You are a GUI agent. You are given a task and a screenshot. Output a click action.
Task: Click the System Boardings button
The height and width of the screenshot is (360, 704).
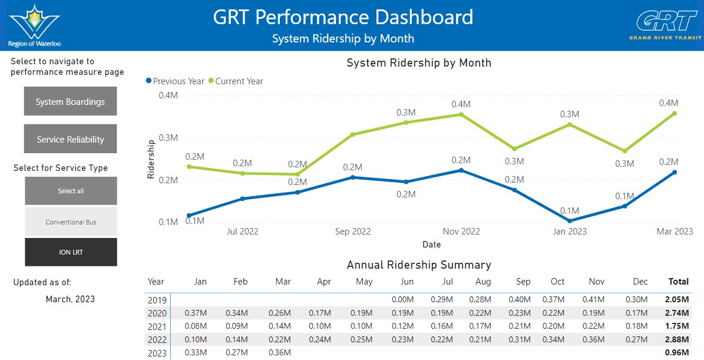(71, 101)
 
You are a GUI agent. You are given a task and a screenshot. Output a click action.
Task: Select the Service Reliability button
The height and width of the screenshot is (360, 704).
(71, 139)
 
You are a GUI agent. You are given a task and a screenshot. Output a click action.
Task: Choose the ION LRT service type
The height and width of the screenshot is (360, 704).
(71, 252)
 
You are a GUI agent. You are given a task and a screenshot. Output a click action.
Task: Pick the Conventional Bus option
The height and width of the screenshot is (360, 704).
(71, 222)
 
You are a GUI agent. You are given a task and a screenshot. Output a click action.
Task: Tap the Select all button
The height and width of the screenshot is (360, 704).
(71, 191)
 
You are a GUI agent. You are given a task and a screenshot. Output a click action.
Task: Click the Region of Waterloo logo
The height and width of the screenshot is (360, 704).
(35, 25)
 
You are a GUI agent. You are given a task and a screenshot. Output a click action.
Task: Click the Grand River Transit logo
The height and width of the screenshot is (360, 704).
(666, 25)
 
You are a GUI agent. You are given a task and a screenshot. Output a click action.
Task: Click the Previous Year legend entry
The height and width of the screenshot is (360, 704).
(175, 81)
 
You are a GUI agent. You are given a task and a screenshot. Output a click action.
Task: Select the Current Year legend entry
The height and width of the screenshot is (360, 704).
(235, 81)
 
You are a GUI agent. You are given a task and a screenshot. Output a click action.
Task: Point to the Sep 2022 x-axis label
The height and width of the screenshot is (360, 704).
(353, 232)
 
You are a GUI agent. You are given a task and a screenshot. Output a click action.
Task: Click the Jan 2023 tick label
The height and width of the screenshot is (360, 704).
(569, 232)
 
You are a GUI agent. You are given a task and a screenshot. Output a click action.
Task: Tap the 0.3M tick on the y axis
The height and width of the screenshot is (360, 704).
(168, 138)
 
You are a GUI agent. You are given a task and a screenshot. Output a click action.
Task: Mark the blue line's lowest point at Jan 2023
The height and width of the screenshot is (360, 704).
(570, 221)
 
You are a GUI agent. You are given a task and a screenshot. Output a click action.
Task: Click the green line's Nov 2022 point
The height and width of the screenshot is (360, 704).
(461, 114)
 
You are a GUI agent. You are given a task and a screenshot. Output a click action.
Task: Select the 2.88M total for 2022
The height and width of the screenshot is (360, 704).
(677, 339)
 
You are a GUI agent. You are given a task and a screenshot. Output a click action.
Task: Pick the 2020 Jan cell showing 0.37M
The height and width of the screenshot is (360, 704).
(196, 313)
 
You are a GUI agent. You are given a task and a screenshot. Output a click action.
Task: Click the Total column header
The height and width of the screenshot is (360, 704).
(679, 282)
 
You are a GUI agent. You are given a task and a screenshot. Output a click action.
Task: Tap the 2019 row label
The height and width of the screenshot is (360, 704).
(157, 300)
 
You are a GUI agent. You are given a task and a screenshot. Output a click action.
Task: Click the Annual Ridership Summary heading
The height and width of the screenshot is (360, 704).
(419, 265)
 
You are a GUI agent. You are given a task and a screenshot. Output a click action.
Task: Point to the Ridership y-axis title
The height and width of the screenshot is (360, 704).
(151, 159)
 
